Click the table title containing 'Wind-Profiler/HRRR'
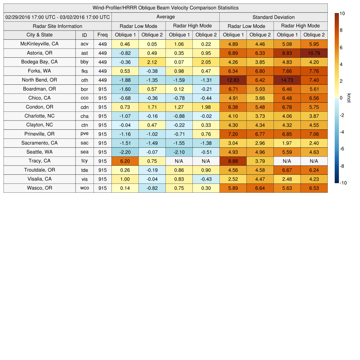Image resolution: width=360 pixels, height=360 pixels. (x=166, y=8)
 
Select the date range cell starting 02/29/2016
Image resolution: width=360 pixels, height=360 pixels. (x=58, y=17)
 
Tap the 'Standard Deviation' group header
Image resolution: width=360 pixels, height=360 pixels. (x=274, y=17)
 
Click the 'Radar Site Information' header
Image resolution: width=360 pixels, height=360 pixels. (x=58, y=26)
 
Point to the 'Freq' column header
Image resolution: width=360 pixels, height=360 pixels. (x=103, y=35)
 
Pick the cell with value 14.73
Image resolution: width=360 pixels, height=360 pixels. (x=287, y=80)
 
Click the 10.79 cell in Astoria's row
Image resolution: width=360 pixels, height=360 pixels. (x=314, y=53)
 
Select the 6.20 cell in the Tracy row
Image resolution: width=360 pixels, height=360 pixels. (x=125, y=161)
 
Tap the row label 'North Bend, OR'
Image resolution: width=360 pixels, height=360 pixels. (x=39, y=80)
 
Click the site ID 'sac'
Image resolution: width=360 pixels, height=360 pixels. (x=84, y=143)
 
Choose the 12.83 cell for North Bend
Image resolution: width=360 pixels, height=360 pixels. (x=233, y=80)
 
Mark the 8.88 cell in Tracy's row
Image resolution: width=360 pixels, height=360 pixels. (x=233, y=161)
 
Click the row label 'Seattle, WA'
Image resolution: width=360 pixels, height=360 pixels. (x=39, y=152)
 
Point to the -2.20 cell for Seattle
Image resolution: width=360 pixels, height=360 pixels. (x=125, y=152)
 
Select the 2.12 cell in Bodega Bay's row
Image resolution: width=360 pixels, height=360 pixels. (x=152, y=62)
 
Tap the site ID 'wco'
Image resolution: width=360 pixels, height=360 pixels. (x=84, y=188)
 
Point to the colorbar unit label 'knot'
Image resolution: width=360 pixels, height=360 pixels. (x=349, y=98)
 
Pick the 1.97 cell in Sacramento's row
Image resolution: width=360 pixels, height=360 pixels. (x=287, y=143)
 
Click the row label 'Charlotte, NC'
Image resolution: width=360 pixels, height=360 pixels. (x=39, y=116)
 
